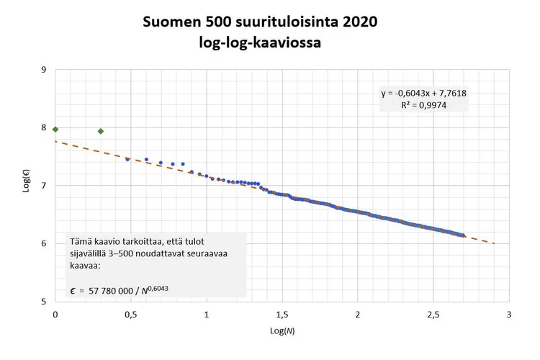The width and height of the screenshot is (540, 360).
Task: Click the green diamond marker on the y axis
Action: coord(55,129)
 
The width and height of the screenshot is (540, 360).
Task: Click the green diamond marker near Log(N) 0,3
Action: coord(101,131)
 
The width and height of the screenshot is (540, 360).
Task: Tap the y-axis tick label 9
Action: coord(45,70)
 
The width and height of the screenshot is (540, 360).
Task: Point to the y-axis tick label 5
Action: coord(45,301)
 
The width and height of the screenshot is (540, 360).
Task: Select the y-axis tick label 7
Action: coord(45,186)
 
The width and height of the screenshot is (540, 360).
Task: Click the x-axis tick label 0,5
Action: coord(131,315)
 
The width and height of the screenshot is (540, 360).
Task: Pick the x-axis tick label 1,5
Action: coord(282,315)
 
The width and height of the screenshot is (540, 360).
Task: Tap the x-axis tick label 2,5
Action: coord(433,315)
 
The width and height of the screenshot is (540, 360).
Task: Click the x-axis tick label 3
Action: coord(508,315)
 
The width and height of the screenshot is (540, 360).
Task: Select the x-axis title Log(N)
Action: coord(282,330)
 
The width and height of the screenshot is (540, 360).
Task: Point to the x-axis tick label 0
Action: coord(55,315)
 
